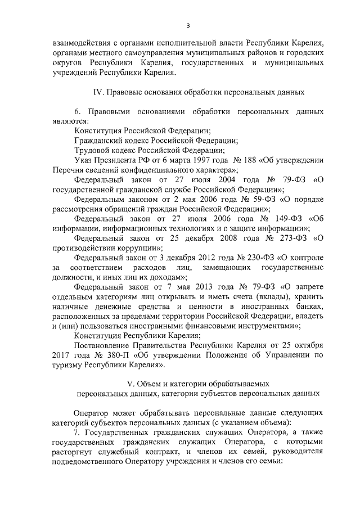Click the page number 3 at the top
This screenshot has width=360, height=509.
[x=188, y=25]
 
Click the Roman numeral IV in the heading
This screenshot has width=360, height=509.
[x=97, y=91]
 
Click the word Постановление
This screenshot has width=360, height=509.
[x=103, y=344]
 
